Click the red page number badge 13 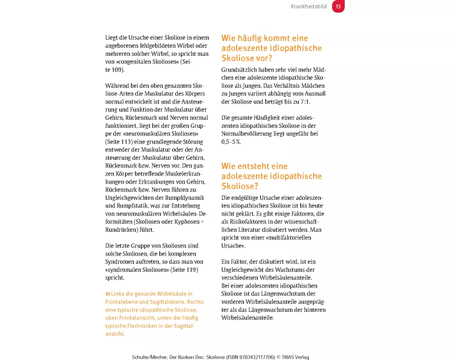[x=338, y=7]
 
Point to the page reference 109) [x=117, y=70]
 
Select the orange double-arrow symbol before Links [x=108, y=294]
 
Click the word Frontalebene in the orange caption [x=121, y=302]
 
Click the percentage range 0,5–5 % [x=231, y=142]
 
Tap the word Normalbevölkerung [x=248, y=134]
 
